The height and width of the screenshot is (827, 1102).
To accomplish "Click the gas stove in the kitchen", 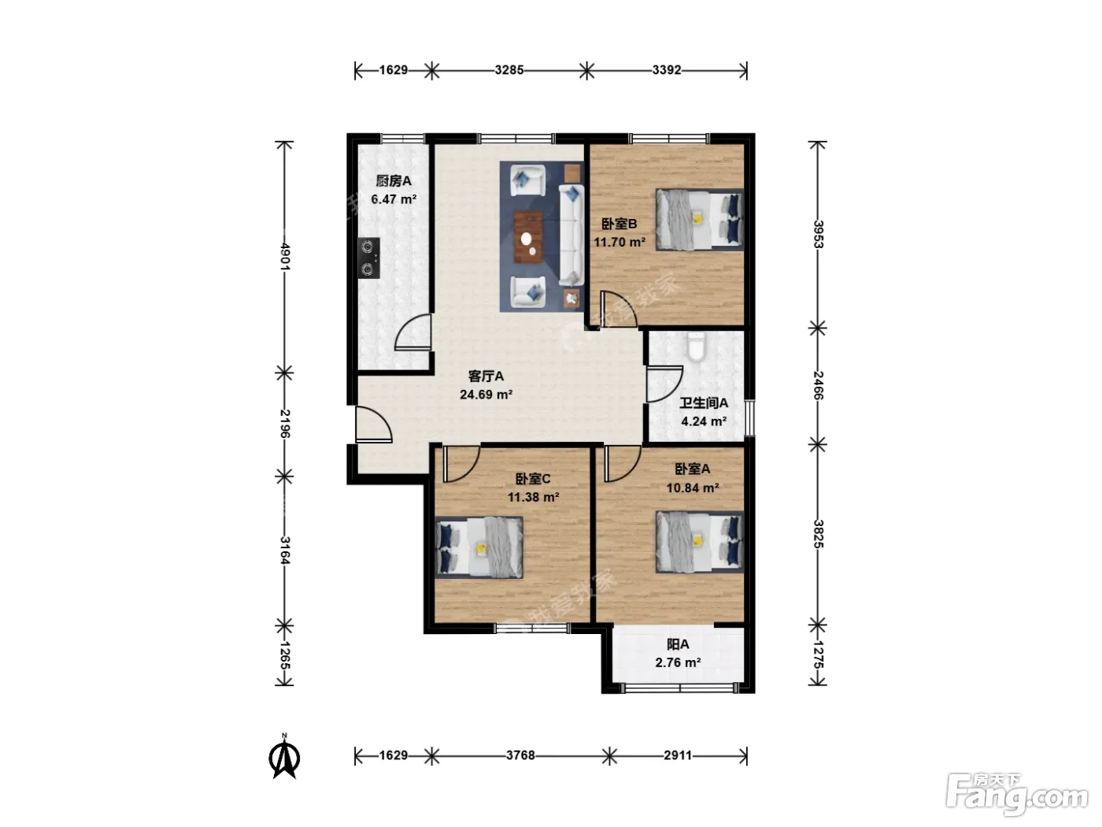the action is tap(368, 258).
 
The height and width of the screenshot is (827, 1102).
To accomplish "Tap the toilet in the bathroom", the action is tap(696, 346).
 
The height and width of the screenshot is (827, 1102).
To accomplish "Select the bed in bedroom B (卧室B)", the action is tap(699, 220).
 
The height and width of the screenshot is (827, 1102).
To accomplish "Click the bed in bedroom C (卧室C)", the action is tap(479, 547).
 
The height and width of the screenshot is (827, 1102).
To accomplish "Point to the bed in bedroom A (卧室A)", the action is tap(699, 542).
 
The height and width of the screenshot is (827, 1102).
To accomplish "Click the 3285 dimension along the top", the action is tap(509, 70).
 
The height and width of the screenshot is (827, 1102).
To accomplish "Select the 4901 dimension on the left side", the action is tap(285, 256).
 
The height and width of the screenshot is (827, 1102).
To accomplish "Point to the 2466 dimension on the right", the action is tap(818, 386).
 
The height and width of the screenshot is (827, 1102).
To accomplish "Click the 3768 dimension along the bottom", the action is tap(520, 755).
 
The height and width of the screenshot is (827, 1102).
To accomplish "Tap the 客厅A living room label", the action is tap(486, 376).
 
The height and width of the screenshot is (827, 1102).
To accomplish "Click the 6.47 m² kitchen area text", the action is tap(394, 199).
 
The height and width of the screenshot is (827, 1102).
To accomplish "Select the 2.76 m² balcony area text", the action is tap(678, 663).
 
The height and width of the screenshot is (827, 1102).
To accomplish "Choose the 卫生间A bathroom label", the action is tap(704, 402).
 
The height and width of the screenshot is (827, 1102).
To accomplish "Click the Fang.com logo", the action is tap(1017, 794).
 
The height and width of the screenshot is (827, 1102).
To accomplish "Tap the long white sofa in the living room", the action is tap(571, 235).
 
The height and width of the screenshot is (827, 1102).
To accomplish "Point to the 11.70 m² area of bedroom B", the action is tap(619, 243).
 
